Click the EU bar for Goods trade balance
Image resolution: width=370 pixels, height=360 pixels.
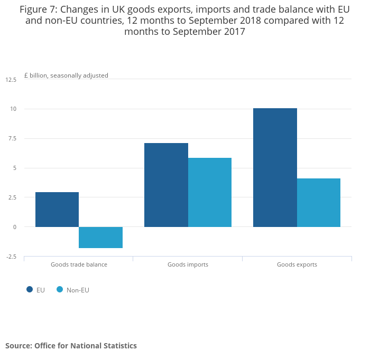(x=57, y=210)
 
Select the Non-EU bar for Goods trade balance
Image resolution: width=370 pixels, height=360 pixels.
(x=100, y=238)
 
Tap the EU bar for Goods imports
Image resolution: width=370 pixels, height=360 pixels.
(x=166, y=185)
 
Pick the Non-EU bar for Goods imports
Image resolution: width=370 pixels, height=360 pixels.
(x=209, y=192)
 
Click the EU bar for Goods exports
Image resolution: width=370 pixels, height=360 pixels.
(x=275, y=167)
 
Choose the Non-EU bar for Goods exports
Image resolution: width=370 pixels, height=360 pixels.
(x=318, y=203)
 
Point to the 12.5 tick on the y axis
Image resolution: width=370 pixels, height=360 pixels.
(x=11, y=80)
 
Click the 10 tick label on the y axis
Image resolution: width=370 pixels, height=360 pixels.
(x=13, y=109)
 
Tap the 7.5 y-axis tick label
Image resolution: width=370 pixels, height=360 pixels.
(x=12, y=139)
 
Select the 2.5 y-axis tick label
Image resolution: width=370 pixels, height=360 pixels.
(x=12, y=197)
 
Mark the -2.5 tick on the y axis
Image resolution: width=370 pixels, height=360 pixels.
(x=11, y=257)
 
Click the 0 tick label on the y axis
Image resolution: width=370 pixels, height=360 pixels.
(x=15, y=227)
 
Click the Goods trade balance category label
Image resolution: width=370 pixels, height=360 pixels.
(x=79, y=264)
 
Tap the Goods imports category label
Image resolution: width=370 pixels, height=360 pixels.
(x=188, y=264)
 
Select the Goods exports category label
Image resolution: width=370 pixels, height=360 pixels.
(x=297, y=264)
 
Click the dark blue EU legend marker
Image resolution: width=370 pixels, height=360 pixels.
(x=30, y=289)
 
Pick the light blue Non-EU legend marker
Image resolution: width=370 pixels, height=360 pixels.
(x=60, y=289)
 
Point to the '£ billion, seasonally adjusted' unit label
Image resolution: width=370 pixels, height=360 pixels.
(x=66, y=75)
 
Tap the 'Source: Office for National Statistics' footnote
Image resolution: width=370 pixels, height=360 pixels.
(x=71, y=346)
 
